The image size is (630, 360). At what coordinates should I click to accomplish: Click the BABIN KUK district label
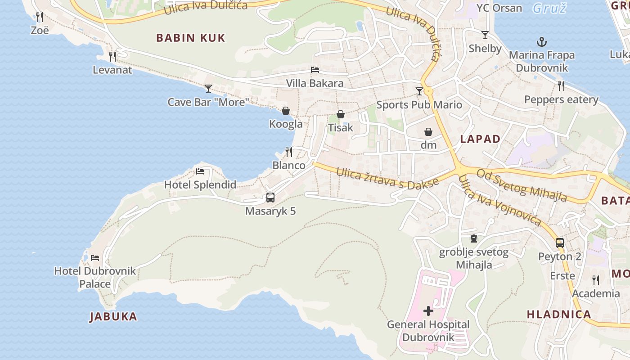pos(190,38)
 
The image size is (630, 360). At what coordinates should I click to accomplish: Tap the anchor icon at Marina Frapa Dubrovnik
pos(542,42)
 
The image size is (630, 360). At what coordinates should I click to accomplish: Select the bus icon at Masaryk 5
pos(270,198)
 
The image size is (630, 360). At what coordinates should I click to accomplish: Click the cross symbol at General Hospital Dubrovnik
pos(428,311)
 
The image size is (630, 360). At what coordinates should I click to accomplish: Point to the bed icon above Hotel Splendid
pos(200,171)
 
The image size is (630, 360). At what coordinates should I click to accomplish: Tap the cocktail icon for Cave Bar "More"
pos(208,89)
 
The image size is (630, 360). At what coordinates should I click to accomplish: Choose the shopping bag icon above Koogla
pos(286,111)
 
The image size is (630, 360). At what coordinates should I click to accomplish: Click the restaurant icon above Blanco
pos(289,152)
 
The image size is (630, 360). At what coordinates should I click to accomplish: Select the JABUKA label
pos(113,316)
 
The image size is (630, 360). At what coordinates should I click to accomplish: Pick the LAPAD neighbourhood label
pos(480,139)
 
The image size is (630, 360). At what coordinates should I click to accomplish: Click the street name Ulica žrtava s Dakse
pos(387,179)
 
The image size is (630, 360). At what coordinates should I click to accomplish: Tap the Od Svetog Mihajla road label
pos(522,185)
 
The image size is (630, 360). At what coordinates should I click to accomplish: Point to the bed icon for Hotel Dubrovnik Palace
pos(95,258)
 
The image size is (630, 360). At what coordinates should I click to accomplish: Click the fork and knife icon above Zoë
pos(40,17)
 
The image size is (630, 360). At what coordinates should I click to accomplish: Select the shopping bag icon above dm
pos(428,132)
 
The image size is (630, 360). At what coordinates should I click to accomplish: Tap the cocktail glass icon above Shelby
pos(485,35)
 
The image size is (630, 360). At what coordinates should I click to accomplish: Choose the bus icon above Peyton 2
pos(560,243)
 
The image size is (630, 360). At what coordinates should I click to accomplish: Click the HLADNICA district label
pos(559,315)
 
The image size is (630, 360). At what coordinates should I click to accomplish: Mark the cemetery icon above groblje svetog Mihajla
pos(473,238)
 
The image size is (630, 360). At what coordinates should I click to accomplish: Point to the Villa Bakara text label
pos(315,83)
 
